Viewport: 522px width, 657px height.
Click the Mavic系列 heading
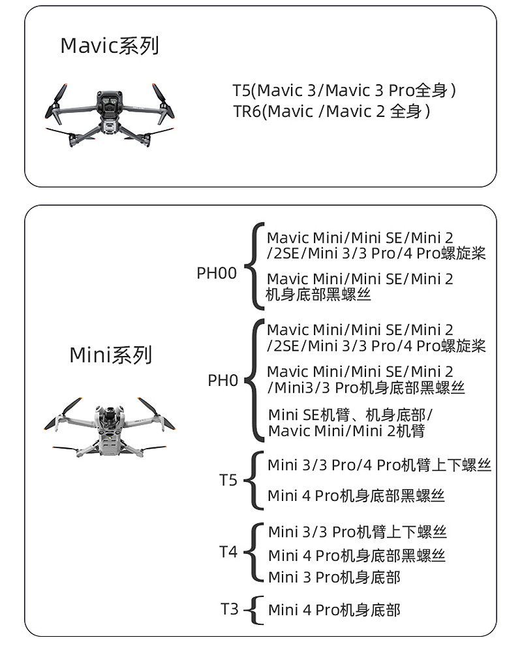point(110,46)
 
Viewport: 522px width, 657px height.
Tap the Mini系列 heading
point(110,355)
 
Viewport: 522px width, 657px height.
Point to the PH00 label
point(217,273)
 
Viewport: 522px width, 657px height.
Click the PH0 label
point(223,380)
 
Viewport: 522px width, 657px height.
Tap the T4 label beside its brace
point(228,553)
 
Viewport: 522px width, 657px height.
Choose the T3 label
point(229,609)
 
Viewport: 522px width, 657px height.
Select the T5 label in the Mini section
point(228,481)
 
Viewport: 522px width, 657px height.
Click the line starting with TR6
point(332,112)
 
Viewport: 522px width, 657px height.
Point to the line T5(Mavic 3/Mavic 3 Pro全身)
point(344,90)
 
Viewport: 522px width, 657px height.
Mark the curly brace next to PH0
point(254,380)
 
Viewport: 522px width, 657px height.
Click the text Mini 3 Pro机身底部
point(334,577)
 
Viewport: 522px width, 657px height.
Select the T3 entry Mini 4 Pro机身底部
point(334,610)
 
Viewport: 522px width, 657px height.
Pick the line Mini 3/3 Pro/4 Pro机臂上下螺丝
point(379,465)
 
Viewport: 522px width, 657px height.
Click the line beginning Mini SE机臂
point(350,415)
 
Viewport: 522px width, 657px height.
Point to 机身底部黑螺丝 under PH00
point(318,295)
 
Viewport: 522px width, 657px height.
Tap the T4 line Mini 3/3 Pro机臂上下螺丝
point(358,532)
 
